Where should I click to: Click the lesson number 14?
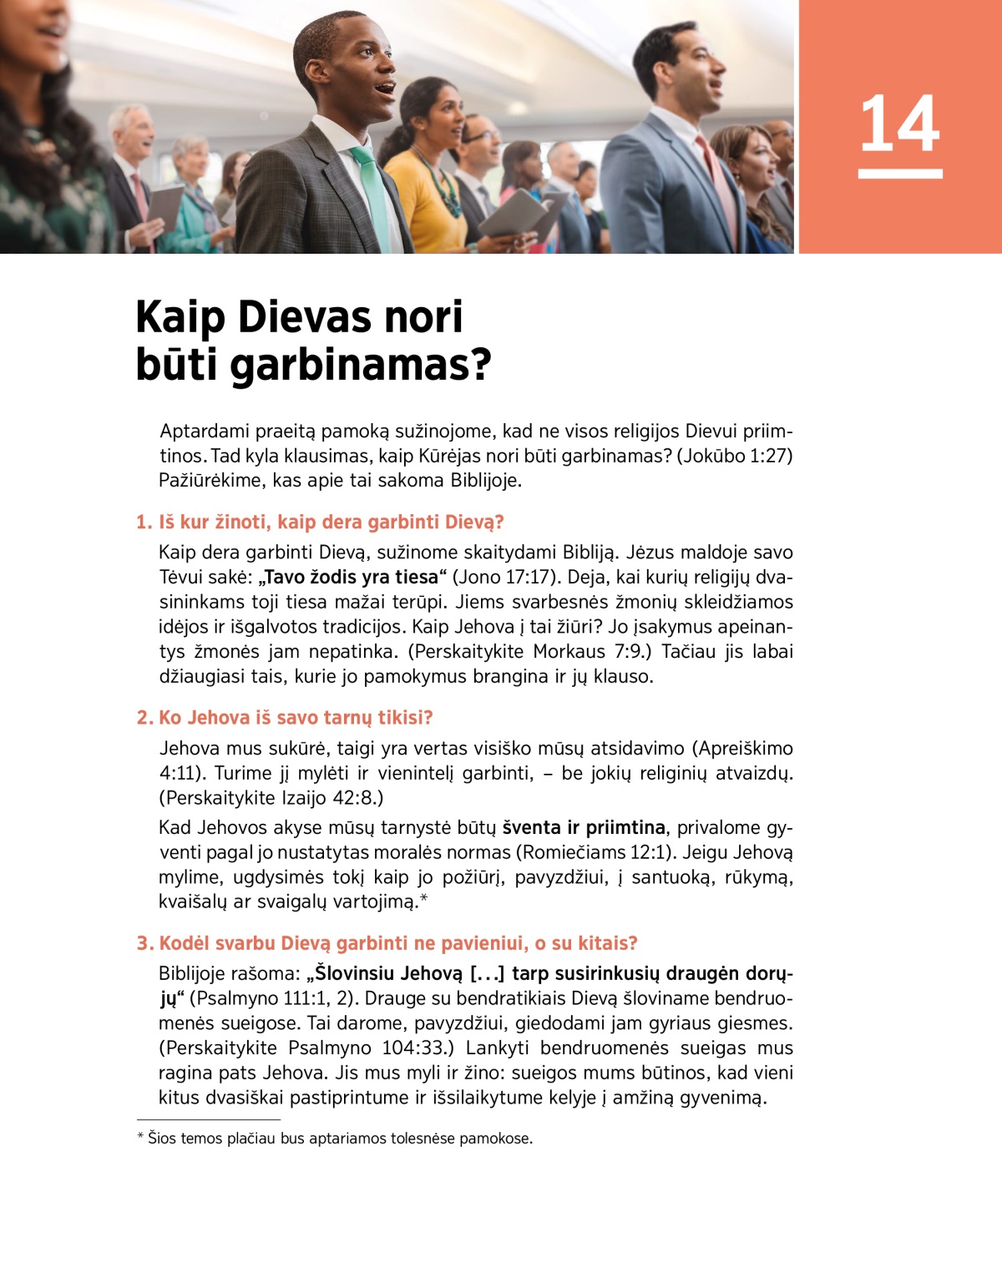899,124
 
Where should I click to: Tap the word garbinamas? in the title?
360,366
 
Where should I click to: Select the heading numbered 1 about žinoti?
320,523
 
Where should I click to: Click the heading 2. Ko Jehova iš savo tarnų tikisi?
285,718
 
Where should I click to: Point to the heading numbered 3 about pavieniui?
387,943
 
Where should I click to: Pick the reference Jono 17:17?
506,578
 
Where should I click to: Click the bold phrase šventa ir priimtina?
584,828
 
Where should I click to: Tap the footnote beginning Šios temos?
335,1139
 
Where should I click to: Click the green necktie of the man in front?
372,192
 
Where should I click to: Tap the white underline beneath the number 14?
900,174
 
